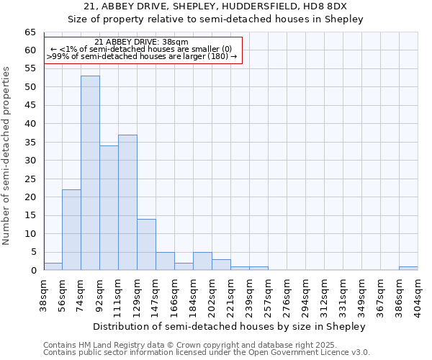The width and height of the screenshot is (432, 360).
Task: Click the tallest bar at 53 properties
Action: [90, 173]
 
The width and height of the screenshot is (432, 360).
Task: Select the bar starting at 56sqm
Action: [71, 230]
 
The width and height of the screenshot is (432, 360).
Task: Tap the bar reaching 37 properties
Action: [127, 202]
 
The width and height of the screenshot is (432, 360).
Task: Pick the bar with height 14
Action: [146, 245]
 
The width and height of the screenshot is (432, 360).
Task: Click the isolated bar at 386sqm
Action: [408, 269]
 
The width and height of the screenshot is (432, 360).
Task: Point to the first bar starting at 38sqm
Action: [53, 266]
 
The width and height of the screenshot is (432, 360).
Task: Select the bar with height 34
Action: [109, 208]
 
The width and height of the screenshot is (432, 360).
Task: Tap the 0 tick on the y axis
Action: [32, 271]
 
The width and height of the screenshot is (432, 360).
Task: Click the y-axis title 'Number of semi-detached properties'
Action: [7, 155]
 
